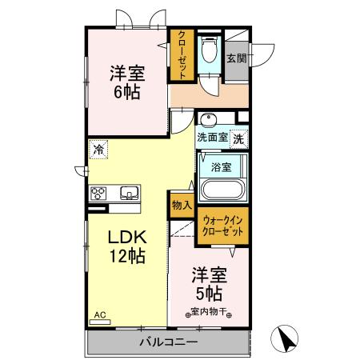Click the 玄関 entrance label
[235, 58]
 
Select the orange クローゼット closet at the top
[182, 54]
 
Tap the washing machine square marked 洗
[239, 138]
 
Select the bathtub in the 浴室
[223, 190]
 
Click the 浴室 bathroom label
[222, 167]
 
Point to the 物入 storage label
[182, 205]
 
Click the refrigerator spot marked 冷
[98, 148]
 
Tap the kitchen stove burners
[98, 192]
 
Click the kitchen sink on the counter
[128, 192]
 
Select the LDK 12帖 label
[126, 247]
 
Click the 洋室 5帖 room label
[208, 284]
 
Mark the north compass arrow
[284, 340]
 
